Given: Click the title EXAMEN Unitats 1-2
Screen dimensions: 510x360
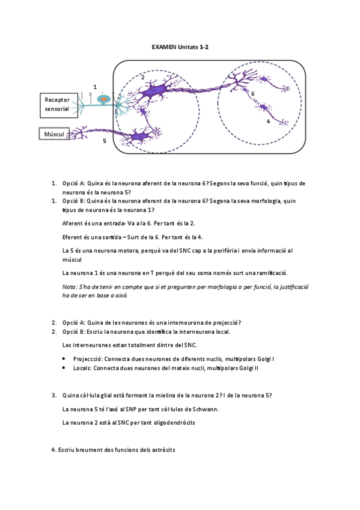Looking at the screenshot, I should (180, 46).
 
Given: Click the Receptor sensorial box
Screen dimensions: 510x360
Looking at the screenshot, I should (57, 104).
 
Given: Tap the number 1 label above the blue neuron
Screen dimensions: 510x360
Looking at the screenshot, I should (95, 87).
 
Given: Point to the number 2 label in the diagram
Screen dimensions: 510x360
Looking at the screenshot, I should (142, 77).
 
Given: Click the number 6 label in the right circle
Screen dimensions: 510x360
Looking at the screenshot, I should (253, 94).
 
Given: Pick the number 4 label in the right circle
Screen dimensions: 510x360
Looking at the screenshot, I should (268, 121).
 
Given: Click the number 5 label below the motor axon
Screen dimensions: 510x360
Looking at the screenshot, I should (104, 141).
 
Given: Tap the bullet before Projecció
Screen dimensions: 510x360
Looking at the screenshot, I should (65, 358).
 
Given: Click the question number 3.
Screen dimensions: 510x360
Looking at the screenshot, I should (53, 395).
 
